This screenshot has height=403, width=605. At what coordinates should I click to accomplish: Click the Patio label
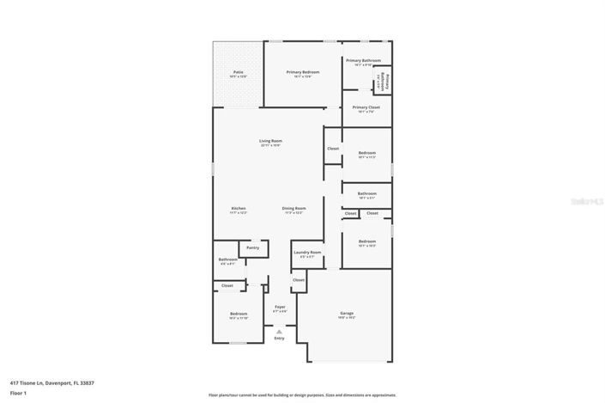point(239,72)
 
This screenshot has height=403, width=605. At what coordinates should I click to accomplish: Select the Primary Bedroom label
point(303,72)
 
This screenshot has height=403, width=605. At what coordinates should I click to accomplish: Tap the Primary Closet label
point(366,107)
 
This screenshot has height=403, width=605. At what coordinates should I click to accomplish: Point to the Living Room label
point(271,141)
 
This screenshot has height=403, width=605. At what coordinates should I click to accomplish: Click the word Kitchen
point(239,209)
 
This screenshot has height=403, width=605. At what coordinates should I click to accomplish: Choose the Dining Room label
point(293,209)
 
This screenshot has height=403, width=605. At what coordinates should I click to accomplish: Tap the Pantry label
point(253,247)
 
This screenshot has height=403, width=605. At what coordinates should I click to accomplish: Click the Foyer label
point(280,307)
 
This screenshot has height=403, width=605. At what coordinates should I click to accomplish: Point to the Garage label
point(347,313)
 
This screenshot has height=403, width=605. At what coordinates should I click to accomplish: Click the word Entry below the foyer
point(279,338)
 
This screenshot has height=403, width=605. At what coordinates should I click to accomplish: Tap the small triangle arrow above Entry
point(279,330)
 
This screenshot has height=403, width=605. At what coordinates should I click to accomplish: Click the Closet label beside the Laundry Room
point(298,279)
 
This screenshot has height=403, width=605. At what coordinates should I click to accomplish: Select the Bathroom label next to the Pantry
point(227,260)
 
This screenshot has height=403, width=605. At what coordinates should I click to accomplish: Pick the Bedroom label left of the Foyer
point(239,314)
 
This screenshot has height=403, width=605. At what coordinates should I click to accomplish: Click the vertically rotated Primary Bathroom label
point(387,82)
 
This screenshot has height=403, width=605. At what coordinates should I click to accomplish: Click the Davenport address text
point(51,382)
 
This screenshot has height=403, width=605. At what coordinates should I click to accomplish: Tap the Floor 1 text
point(18,393)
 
